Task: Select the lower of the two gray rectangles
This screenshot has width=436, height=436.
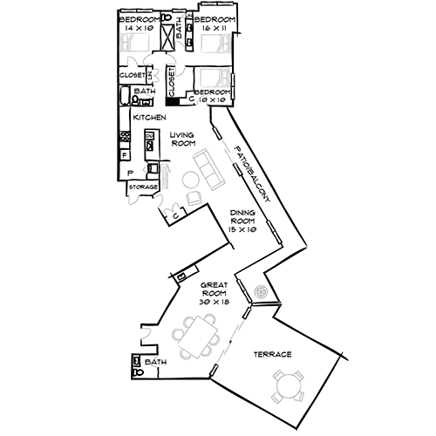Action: tap(215, 78)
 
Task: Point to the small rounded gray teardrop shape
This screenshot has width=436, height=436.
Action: tap(261, 288)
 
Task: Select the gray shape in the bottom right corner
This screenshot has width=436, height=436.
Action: tap(283, 384)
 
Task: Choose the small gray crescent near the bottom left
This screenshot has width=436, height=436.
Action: tap(156, 362)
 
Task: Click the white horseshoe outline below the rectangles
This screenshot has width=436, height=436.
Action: tap(205, 102)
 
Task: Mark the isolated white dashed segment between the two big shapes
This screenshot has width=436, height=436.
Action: tap(275, 231)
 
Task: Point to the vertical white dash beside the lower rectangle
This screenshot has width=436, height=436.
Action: tap(234, 85)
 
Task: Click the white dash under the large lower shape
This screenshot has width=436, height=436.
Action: tap(214, 370)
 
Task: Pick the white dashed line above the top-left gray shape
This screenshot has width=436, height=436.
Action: tap(136, 11)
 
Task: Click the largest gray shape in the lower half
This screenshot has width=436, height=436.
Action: tap(209, 336)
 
